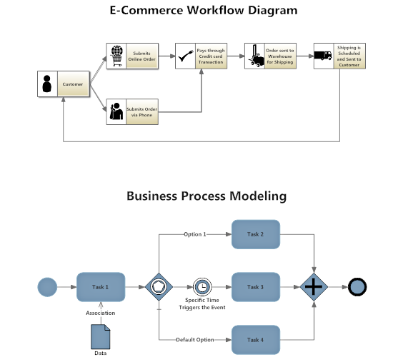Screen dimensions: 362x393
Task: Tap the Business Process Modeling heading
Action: click(207, 196)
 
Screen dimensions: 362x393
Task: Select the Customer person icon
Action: click(47, 84)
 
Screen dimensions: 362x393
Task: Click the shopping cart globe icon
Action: click(116, 56)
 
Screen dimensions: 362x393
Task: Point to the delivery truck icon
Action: click(324, 56)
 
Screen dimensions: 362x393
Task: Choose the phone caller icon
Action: click(116, 111)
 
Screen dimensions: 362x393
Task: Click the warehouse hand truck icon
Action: click(254, 56)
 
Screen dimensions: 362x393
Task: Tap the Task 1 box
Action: click(101, 287)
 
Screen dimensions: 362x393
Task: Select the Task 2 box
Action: click(255, 234)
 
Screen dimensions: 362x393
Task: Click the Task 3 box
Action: click(255, 287)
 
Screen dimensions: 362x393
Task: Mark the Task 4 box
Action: click(255, 340)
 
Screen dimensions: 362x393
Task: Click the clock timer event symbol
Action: click(203, 287)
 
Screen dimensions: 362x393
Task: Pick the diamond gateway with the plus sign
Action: click(315, 287)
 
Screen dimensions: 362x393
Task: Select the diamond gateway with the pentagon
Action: click(159, 287)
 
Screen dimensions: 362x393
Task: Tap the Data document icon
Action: click(101, 336)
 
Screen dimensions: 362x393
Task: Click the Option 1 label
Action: click(194, 234)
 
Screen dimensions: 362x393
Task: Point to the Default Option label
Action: click(195, 340)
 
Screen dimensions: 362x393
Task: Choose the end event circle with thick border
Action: click(358, 287)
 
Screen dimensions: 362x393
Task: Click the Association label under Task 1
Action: click(101, 313)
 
